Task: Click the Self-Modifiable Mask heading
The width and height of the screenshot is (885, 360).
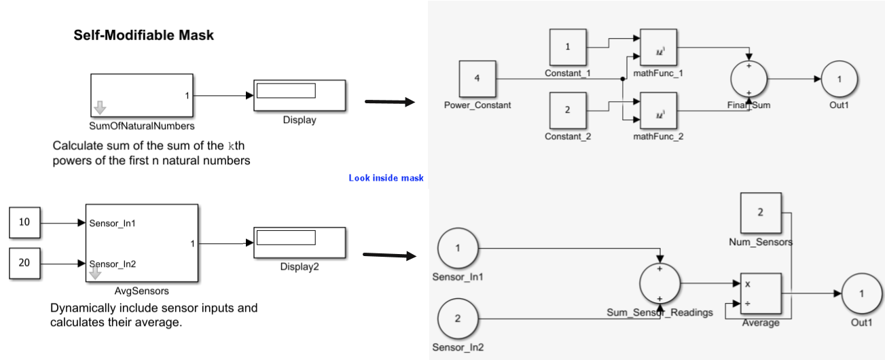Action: coord(143,36)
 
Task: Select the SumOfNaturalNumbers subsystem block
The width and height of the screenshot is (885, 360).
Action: coord(141,95)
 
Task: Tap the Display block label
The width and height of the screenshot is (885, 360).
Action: coord(300,120)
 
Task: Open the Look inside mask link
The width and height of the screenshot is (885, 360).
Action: coord(386,178)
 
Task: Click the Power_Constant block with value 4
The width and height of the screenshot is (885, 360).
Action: coord(477,78)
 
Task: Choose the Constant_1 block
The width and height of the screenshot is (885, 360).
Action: coord(567,48)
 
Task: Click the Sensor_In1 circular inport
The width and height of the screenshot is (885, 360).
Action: coord(456,248)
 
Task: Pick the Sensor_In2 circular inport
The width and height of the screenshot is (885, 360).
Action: coord(456,319)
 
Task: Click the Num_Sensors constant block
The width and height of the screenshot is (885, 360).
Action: coord(760,213)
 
